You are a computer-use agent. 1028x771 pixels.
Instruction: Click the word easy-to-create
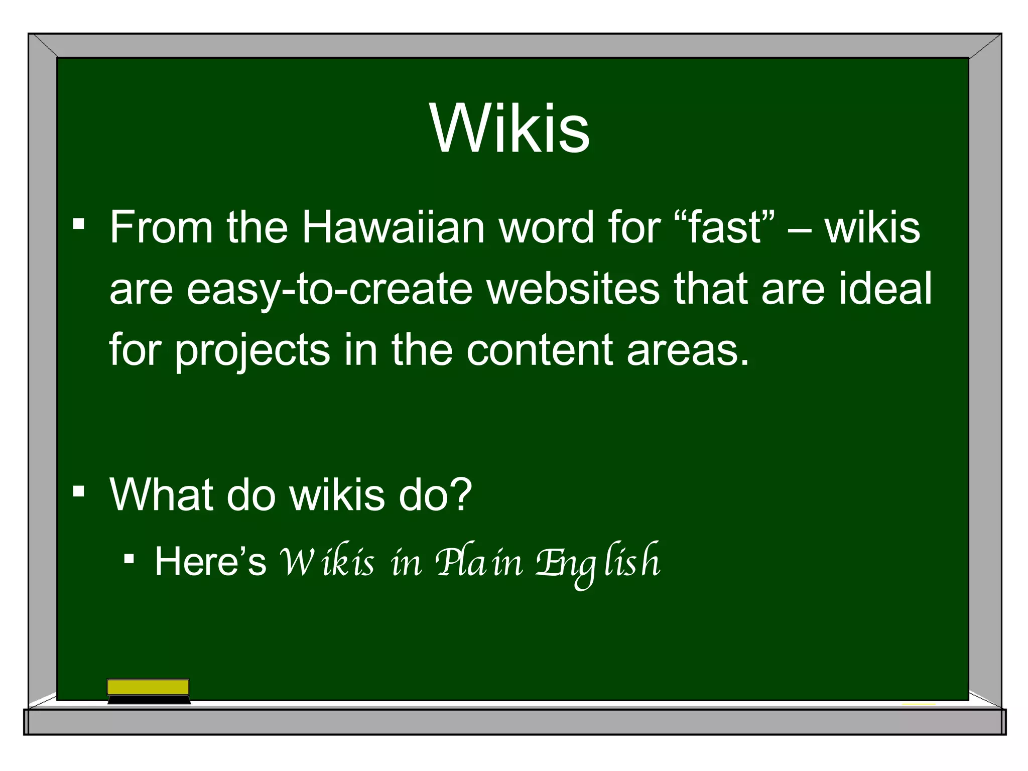(x=329, y=290)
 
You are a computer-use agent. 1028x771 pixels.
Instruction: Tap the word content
(x=539, y=350)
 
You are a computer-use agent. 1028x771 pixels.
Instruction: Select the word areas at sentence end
(x=687, y=350)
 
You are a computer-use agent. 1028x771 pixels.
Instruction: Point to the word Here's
(x=210, y=561)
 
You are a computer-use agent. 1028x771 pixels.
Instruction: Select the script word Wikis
(x=327, y=562)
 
